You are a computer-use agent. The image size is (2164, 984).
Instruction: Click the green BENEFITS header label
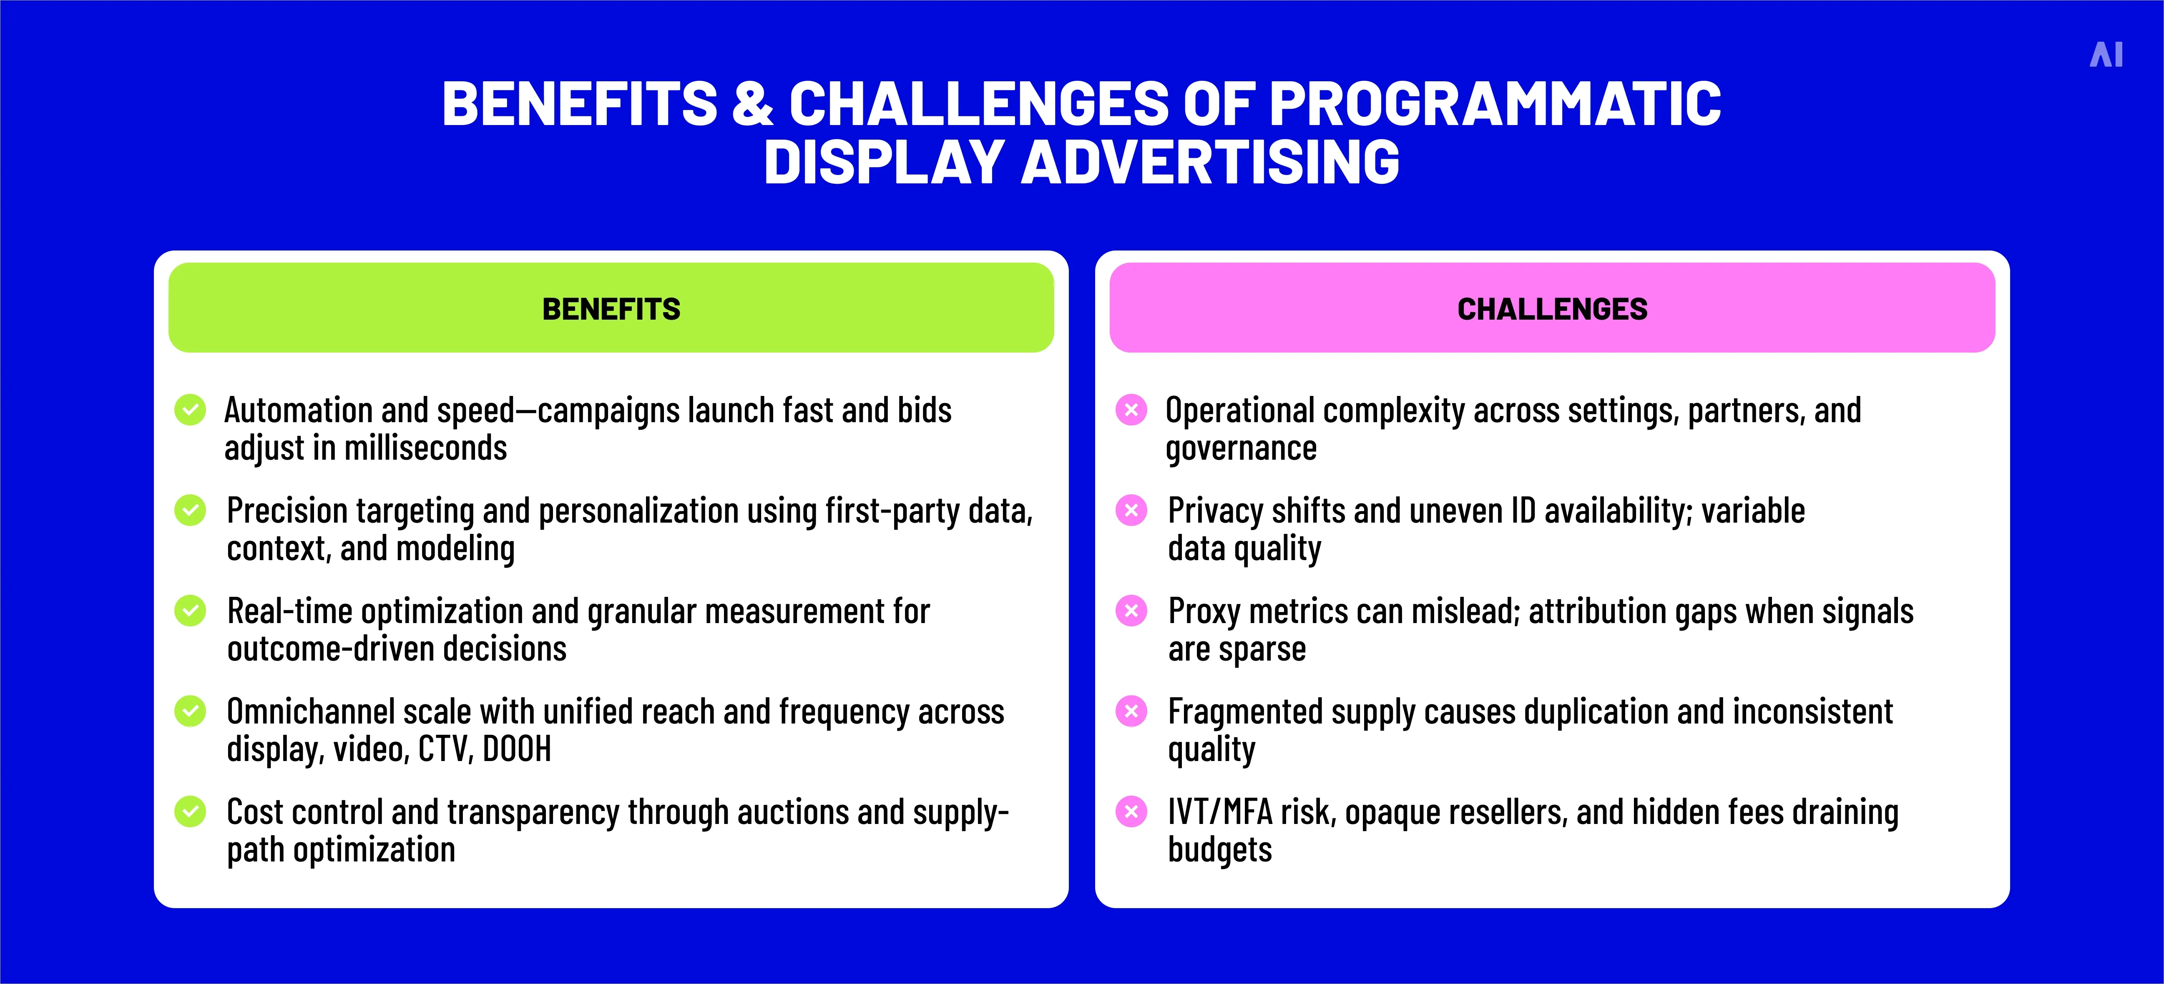click(611, 309)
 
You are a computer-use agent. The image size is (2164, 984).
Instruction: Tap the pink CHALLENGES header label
click(1552, 309)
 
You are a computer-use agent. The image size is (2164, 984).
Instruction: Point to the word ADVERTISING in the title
click(1210, 162)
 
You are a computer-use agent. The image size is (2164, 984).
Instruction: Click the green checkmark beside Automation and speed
click(190, 410)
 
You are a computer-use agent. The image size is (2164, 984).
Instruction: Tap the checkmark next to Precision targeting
click(190, 510)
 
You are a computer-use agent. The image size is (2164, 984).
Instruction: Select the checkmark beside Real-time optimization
click(190, 611)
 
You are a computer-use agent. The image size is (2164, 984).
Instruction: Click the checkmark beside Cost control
click(190, 811)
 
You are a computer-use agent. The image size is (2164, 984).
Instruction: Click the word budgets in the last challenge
click(1220, 850)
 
